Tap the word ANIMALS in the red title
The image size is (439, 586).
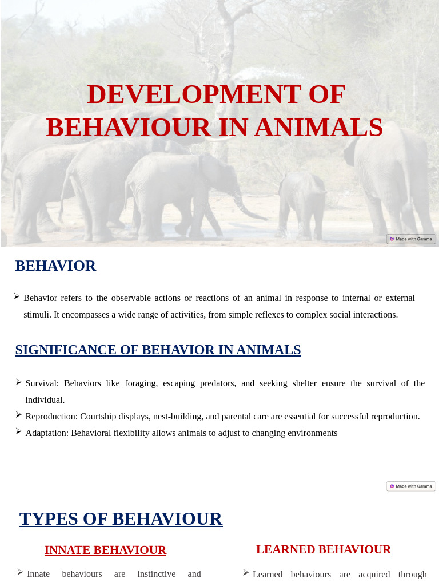click(x=318, y=128)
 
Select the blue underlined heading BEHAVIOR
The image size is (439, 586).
click(x=55, y=266)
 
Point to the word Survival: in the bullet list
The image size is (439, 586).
click(x=42, y=383)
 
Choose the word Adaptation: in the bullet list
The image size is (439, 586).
click(x=47, y=433)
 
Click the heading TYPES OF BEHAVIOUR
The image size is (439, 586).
click(x=121, y=519)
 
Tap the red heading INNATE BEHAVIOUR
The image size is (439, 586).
click(x=105, y=550)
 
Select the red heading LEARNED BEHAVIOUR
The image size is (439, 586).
click(x=324, y=549)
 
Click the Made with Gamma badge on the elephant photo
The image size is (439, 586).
click(x=411, y=239)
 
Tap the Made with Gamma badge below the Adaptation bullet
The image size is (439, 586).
click(x=411, y=486)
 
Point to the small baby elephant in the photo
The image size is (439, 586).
click(x=301, y=205)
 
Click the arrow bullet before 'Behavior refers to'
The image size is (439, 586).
click(x=17, y=296)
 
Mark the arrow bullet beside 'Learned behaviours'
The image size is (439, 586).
click(x=246, y=573)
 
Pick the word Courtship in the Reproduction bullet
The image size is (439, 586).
click(x=99, y=417)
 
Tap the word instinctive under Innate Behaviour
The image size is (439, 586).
click(x=156, y=574)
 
